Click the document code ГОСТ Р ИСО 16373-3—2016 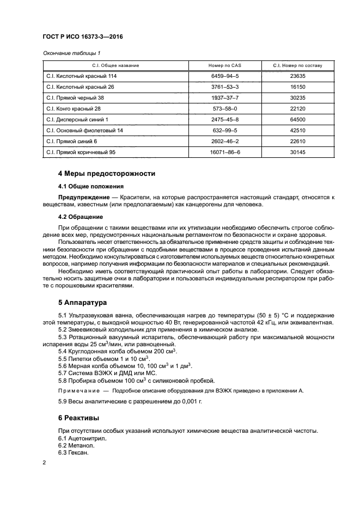82,38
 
